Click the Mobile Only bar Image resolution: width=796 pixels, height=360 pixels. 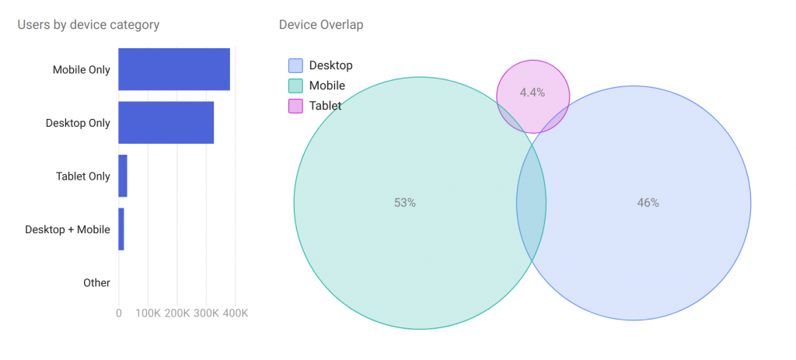pyautogui.click(x=174, y=69)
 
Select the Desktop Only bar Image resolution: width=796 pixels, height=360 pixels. pyautogui.click(x=166, y=123)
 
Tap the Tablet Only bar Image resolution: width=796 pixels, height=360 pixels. pyautogui.click(x=123, y=176)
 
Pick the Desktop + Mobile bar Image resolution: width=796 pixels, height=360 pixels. pyautogui.click(x=121, y=229)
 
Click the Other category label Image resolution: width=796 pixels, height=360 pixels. pyautogui.click(x=96, y=283)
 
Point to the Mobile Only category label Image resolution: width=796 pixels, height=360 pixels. pyautogui.click(x=81, y=70)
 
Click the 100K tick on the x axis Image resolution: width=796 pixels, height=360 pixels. pyautogui.click(x=148, y=313)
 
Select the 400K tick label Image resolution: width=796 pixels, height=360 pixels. pyautogui.click(x=236, y=313)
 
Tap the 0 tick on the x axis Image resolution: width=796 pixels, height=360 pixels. pyautogui.click(x=119, y=313)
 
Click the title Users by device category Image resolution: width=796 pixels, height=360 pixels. pyautogui.click(x=88, y=25)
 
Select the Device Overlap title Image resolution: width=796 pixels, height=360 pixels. pyautogui.click(x=320, y=25)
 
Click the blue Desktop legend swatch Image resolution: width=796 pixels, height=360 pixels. pyautogui.click(x=295, y=66)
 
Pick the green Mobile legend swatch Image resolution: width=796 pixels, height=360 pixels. pyautogui.click(x=295, y=86)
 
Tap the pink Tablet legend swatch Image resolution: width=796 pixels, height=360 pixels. pyautogui.click(x=295, y=106)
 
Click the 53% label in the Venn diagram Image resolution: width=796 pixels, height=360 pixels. pyautogui.click(x=405, y=203)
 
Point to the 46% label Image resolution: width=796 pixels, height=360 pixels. pyautogui.click(x=648, y=203)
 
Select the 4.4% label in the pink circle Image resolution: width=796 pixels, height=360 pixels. pyautogui.click(x=532, y=93)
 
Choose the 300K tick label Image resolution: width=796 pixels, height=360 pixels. pyautogui.click(x=206, y=313)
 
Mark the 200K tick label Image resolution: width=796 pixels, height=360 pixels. pyautogui.click(x=177, y=313)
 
